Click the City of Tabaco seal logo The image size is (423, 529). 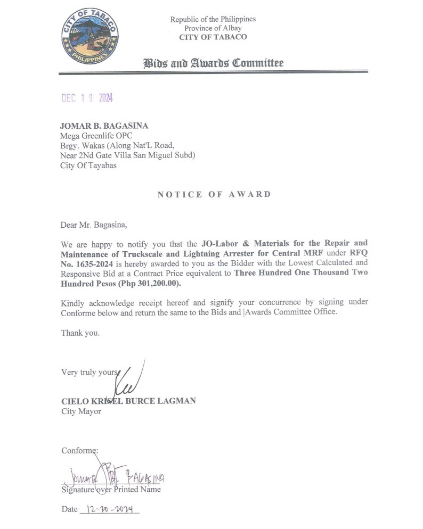coord(90,36)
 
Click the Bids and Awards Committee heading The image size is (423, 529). coord(213,63)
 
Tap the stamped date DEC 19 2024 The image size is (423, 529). coord(87,98)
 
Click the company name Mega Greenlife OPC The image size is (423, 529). coord(96,136)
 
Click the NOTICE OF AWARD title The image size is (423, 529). coord(214,194)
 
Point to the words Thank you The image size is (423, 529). coord(80,333)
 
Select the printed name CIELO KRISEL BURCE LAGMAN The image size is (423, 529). coord(128,401)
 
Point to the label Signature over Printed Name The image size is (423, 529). coord(111,489)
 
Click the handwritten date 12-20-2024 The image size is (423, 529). coord(110,509)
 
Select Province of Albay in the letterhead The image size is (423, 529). coord(213,28)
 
